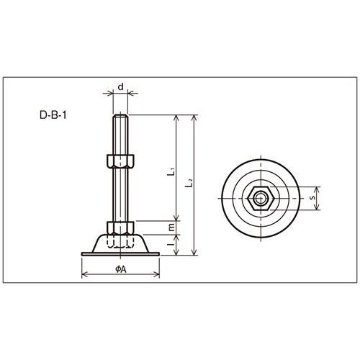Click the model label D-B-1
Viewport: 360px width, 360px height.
[53, 115]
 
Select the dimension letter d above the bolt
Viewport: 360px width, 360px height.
[121, 86]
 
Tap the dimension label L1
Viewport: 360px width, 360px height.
[171, 171]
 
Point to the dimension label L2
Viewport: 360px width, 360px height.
[189, 183]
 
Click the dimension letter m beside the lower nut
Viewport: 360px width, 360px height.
[171, 228]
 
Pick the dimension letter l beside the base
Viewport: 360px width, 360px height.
[171, 244]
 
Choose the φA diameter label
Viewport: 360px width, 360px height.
[121, 269]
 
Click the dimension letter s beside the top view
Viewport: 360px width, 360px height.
[312, 198]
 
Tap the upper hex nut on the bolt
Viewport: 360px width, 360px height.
[120, 161]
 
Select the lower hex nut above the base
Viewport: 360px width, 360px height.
[120, 228]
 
